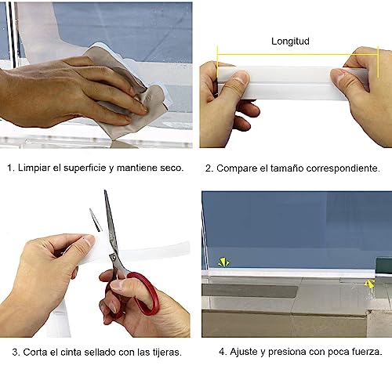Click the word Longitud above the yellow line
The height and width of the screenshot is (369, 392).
(290, 42)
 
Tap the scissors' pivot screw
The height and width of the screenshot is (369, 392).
(114, 258)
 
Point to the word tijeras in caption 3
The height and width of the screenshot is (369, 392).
(167, 353)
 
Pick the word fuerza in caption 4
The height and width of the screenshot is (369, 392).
(367, 352)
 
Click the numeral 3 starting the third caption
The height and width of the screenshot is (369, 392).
(15, 353)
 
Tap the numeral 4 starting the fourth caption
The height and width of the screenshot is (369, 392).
(222, 352)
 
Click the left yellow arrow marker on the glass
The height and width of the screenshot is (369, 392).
(223, 262)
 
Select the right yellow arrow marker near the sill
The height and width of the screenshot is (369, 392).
(369, 284)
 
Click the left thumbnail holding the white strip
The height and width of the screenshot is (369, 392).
(241, 77)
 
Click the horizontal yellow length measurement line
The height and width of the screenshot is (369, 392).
(298, 55)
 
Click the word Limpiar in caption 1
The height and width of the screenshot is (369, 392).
(34, 168)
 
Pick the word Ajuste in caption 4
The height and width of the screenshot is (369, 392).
(244, 352)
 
